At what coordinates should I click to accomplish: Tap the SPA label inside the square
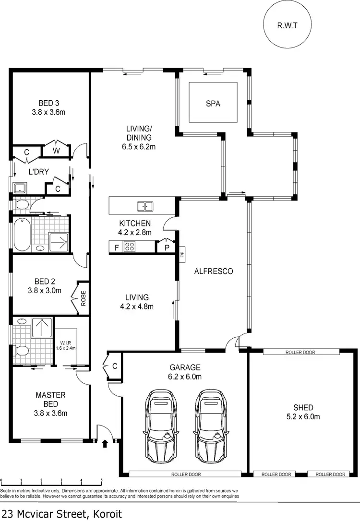pos(213,103)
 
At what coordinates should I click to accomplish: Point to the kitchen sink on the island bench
pos(144,207)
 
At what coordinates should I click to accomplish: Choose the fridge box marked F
pos(116,248)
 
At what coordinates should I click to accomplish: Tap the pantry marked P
pos(167,248)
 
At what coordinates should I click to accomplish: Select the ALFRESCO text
pos(213,271)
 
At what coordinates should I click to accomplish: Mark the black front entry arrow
pos(105,444)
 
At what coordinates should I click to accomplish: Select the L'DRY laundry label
pos(39,172)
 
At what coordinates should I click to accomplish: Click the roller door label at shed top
pos(300,352)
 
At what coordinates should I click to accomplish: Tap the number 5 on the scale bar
pos(101,480)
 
